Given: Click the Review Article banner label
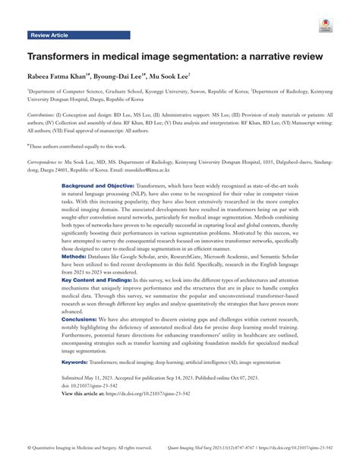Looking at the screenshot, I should point(52,35).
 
